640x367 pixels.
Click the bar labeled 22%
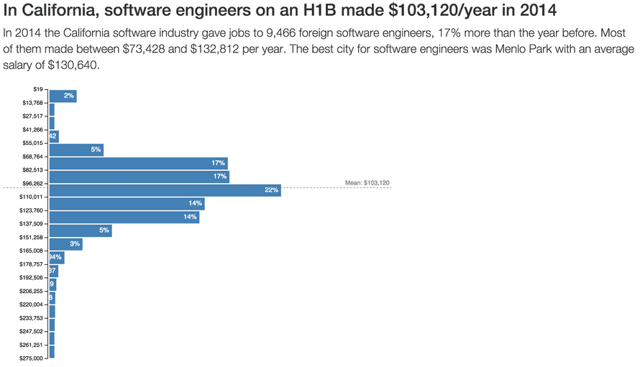165,190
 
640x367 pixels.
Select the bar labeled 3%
65,244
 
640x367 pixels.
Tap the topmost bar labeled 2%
63,96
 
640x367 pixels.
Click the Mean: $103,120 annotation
367,183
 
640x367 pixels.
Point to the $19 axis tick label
38,89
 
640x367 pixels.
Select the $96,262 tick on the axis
32,183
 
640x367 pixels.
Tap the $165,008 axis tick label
32,251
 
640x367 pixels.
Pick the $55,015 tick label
32,143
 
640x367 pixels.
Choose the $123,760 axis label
32,210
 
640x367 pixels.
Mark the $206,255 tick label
32,291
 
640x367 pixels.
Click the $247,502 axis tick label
32,331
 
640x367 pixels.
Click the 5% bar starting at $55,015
76,150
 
